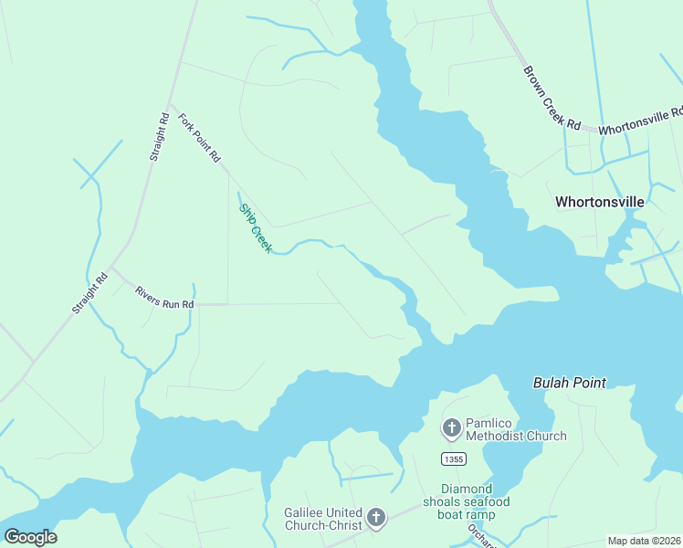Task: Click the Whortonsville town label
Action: [x=600, y=202]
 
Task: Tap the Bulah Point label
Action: [x=570, y=383]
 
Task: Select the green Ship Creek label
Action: [x=255, y=228]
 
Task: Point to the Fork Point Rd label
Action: [x=199, y=138]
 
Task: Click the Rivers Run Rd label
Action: [x=164, y=297]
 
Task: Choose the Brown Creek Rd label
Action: [x=552, y=97]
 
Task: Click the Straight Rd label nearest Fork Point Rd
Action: [x=159, y=137]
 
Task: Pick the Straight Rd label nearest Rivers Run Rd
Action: [x=89, y=294]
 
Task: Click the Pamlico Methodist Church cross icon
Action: [x=451, y=427]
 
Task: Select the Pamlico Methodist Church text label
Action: [x=517, y=429]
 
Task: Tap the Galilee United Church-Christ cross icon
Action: [x=375, y=519]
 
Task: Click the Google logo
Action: [x=30, y=537]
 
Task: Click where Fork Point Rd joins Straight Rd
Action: [x=169, y=102]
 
